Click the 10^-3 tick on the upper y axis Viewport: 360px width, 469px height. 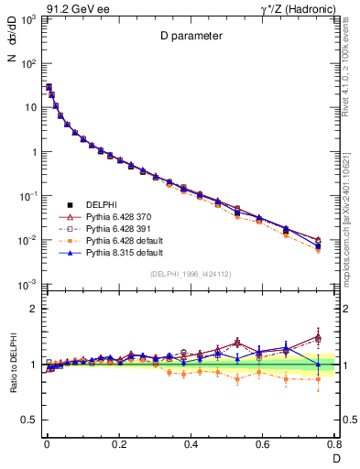29,284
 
